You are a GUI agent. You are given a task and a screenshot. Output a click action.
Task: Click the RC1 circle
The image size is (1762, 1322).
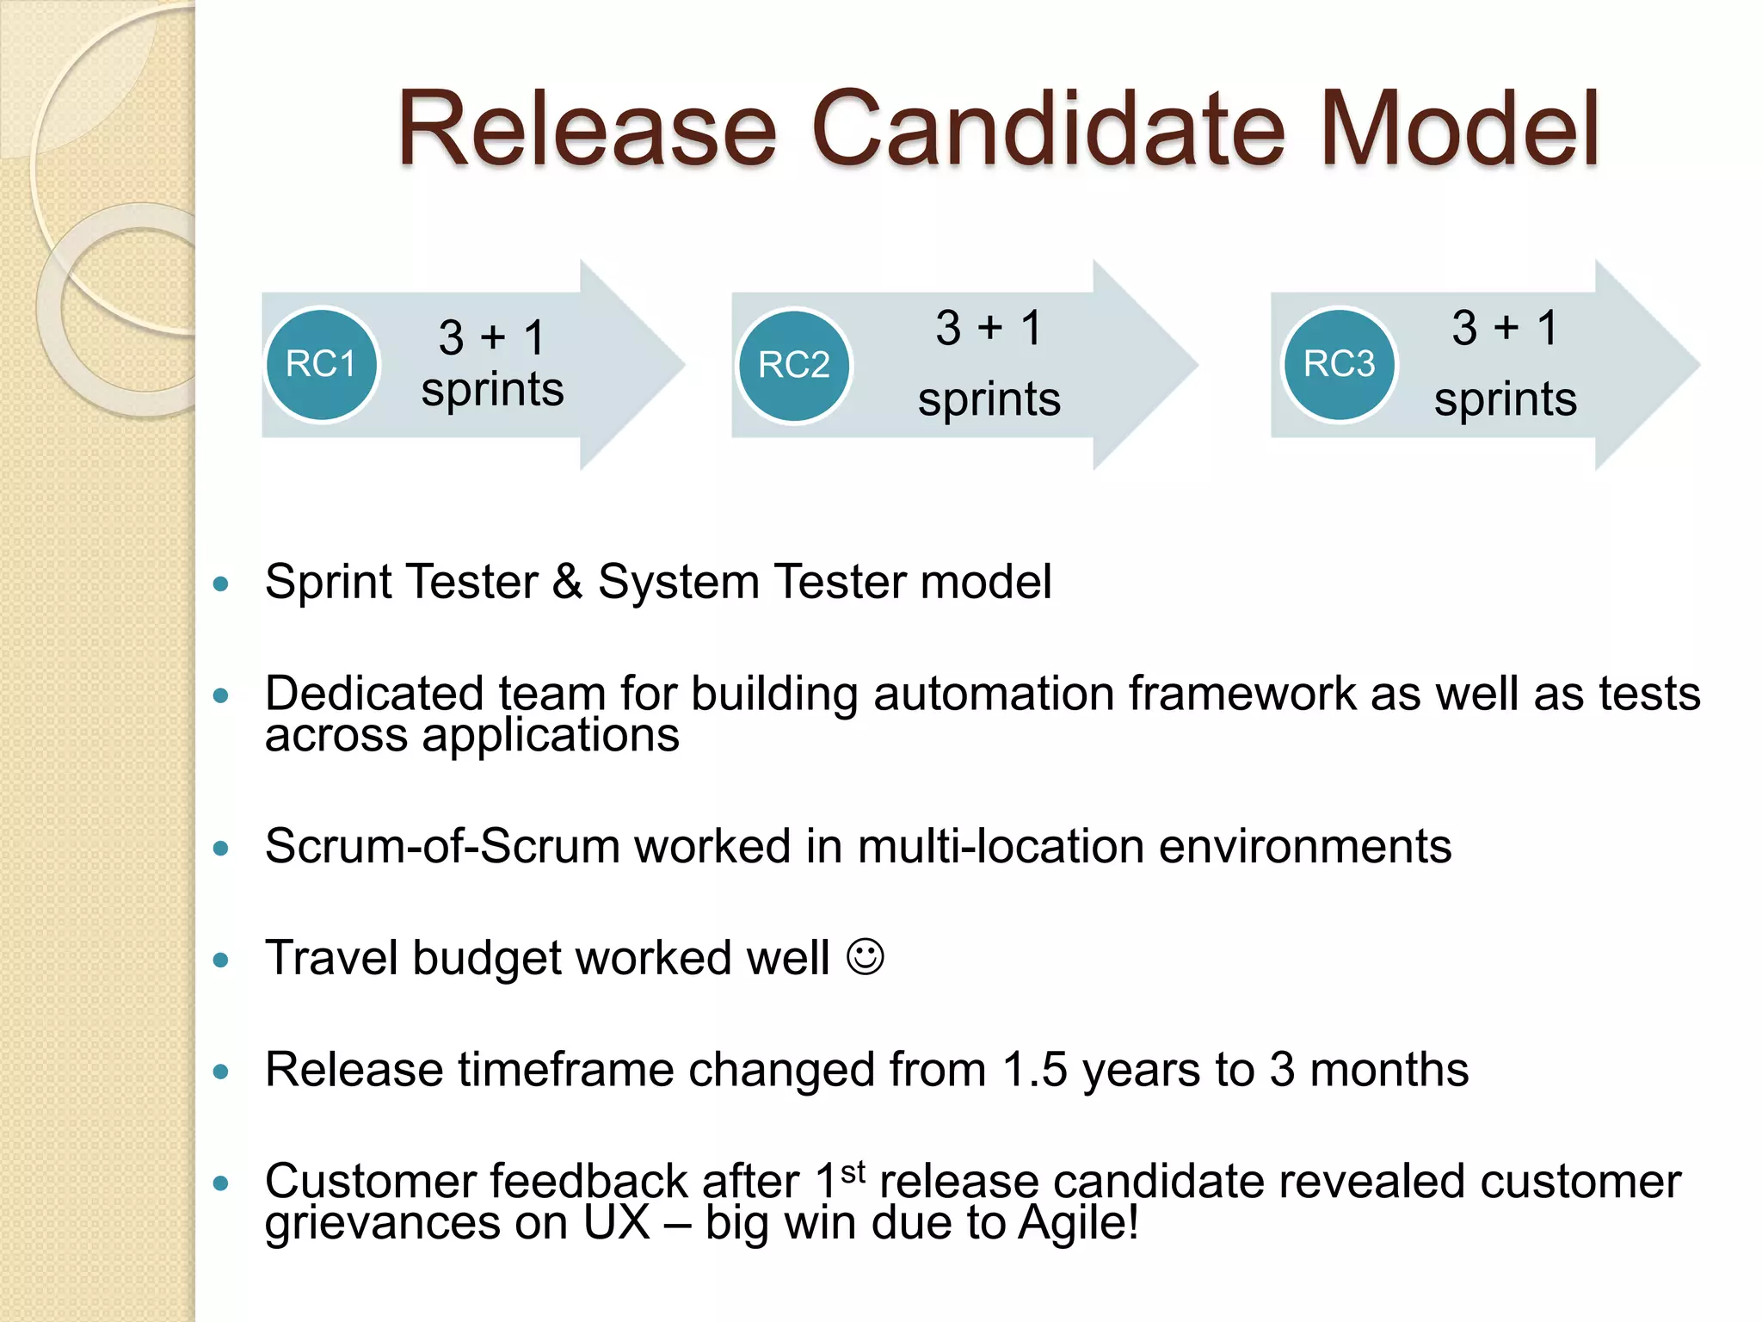pyautogui.click(x=321, y=364)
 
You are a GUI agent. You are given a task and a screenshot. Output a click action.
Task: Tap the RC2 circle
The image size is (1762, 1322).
pyautogui.click(x=793, y=365)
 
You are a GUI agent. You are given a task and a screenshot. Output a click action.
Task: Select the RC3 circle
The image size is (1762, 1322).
pyautogui.click(x=1339, y=364)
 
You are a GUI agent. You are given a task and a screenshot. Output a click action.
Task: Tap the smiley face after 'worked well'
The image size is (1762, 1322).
pyautogui.click(x=865, y=956)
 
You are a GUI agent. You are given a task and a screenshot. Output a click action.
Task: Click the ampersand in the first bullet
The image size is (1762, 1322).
pyautogui.click(x=567, y=582)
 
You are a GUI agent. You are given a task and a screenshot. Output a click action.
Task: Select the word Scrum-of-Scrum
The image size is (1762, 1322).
pyautogui.click(x=442, y=846)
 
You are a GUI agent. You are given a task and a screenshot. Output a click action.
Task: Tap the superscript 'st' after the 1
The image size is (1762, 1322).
pyautogui.click(x=853, y=1171)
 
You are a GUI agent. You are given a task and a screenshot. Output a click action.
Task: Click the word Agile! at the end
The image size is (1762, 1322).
pyautogui.click(x=1079, y=1222)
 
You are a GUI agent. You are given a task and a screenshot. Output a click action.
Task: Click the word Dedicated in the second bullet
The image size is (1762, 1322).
pyautogui.click(x=374, y=694)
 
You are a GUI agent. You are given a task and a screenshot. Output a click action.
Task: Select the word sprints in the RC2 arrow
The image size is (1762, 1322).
pyautogui.click(x=989, y=399)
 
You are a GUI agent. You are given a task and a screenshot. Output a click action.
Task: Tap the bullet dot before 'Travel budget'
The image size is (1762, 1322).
pyautogui.click(x=221, y=960)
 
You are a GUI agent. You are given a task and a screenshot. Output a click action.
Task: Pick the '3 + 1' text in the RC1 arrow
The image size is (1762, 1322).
pyautogui.click(x=492, y=337)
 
